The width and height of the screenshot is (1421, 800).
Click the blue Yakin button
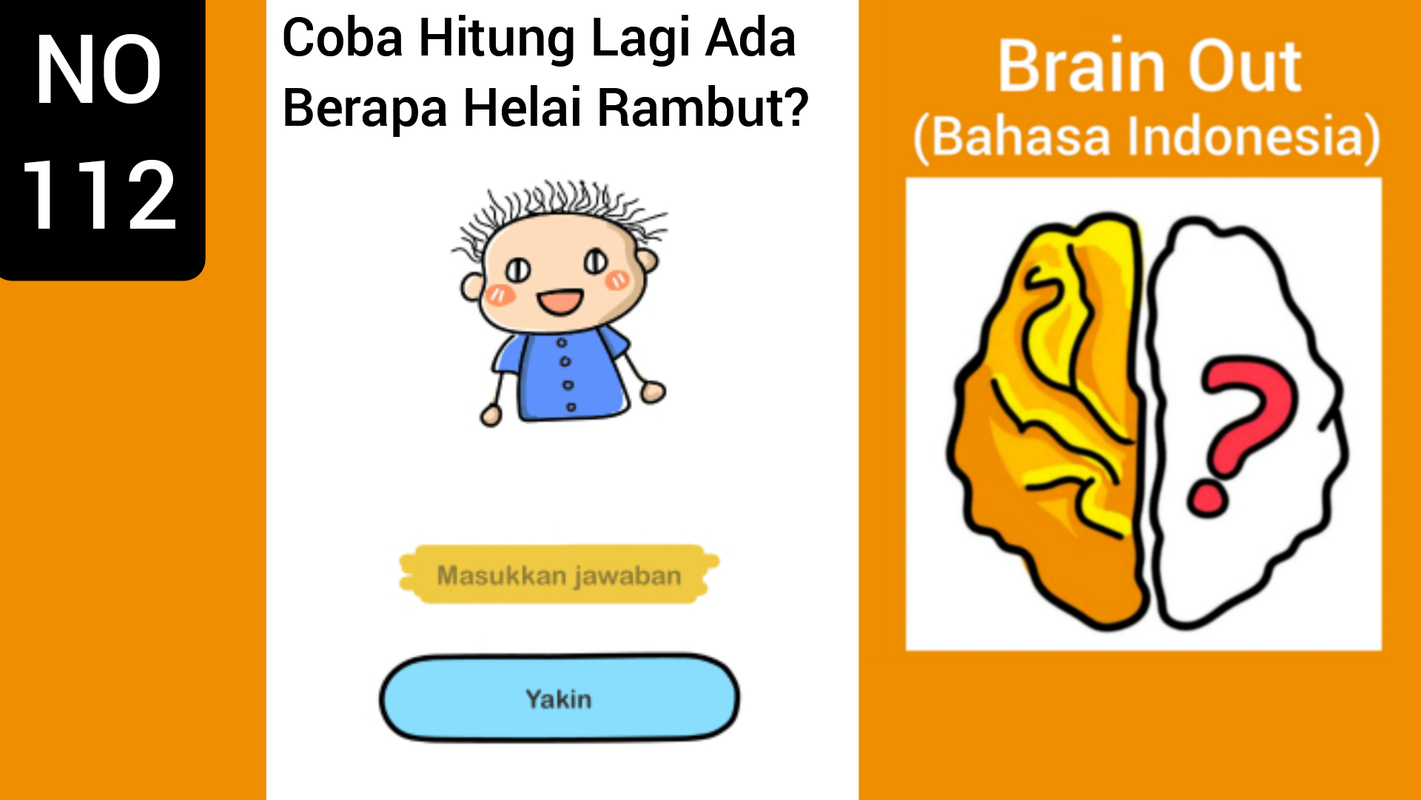click(559, 698)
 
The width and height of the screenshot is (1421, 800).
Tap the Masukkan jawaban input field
click(559, 575)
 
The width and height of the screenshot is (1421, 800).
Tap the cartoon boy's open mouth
click(560, 301)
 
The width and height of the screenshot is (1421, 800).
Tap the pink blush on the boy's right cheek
click(617, 280)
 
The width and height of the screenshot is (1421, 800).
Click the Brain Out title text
click(1149, 67)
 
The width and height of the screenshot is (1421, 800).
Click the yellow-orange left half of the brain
click(1051, 422)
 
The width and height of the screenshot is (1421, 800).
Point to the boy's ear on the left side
click(471, 287)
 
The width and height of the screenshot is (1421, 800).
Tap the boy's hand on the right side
click(653, 392)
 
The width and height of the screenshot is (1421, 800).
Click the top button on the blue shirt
click(562, 343)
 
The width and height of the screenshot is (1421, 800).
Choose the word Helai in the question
click(524, 108)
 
